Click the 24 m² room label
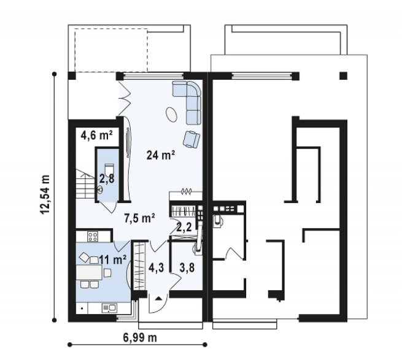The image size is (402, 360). tap(161, 155)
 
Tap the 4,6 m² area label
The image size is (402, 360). tap(96, 135)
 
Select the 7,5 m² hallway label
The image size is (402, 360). tap(139, 218)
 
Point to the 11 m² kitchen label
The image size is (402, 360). tap(113, 260)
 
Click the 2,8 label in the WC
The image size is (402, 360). tap(107, 178)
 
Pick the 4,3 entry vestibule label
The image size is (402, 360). tap(156, 267)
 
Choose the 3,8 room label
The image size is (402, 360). tap(187, 267)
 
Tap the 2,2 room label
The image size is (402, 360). tap(184, 227)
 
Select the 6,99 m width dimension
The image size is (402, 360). tap(140, 338)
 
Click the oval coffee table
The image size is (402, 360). tap(171, 114)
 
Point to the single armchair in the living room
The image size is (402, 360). tap(191, 139)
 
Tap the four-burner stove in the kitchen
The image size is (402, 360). tap(93, 236)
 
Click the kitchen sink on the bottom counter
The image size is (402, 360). tap(109, 308)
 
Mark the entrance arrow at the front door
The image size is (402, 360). tap(159, 298)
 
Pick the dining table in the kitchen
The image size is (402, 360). tap(89, 272)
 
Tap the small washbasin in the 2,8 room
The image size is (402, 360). tap(100, 190)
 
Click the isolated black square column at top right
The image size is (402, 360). tap(343, 76)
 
